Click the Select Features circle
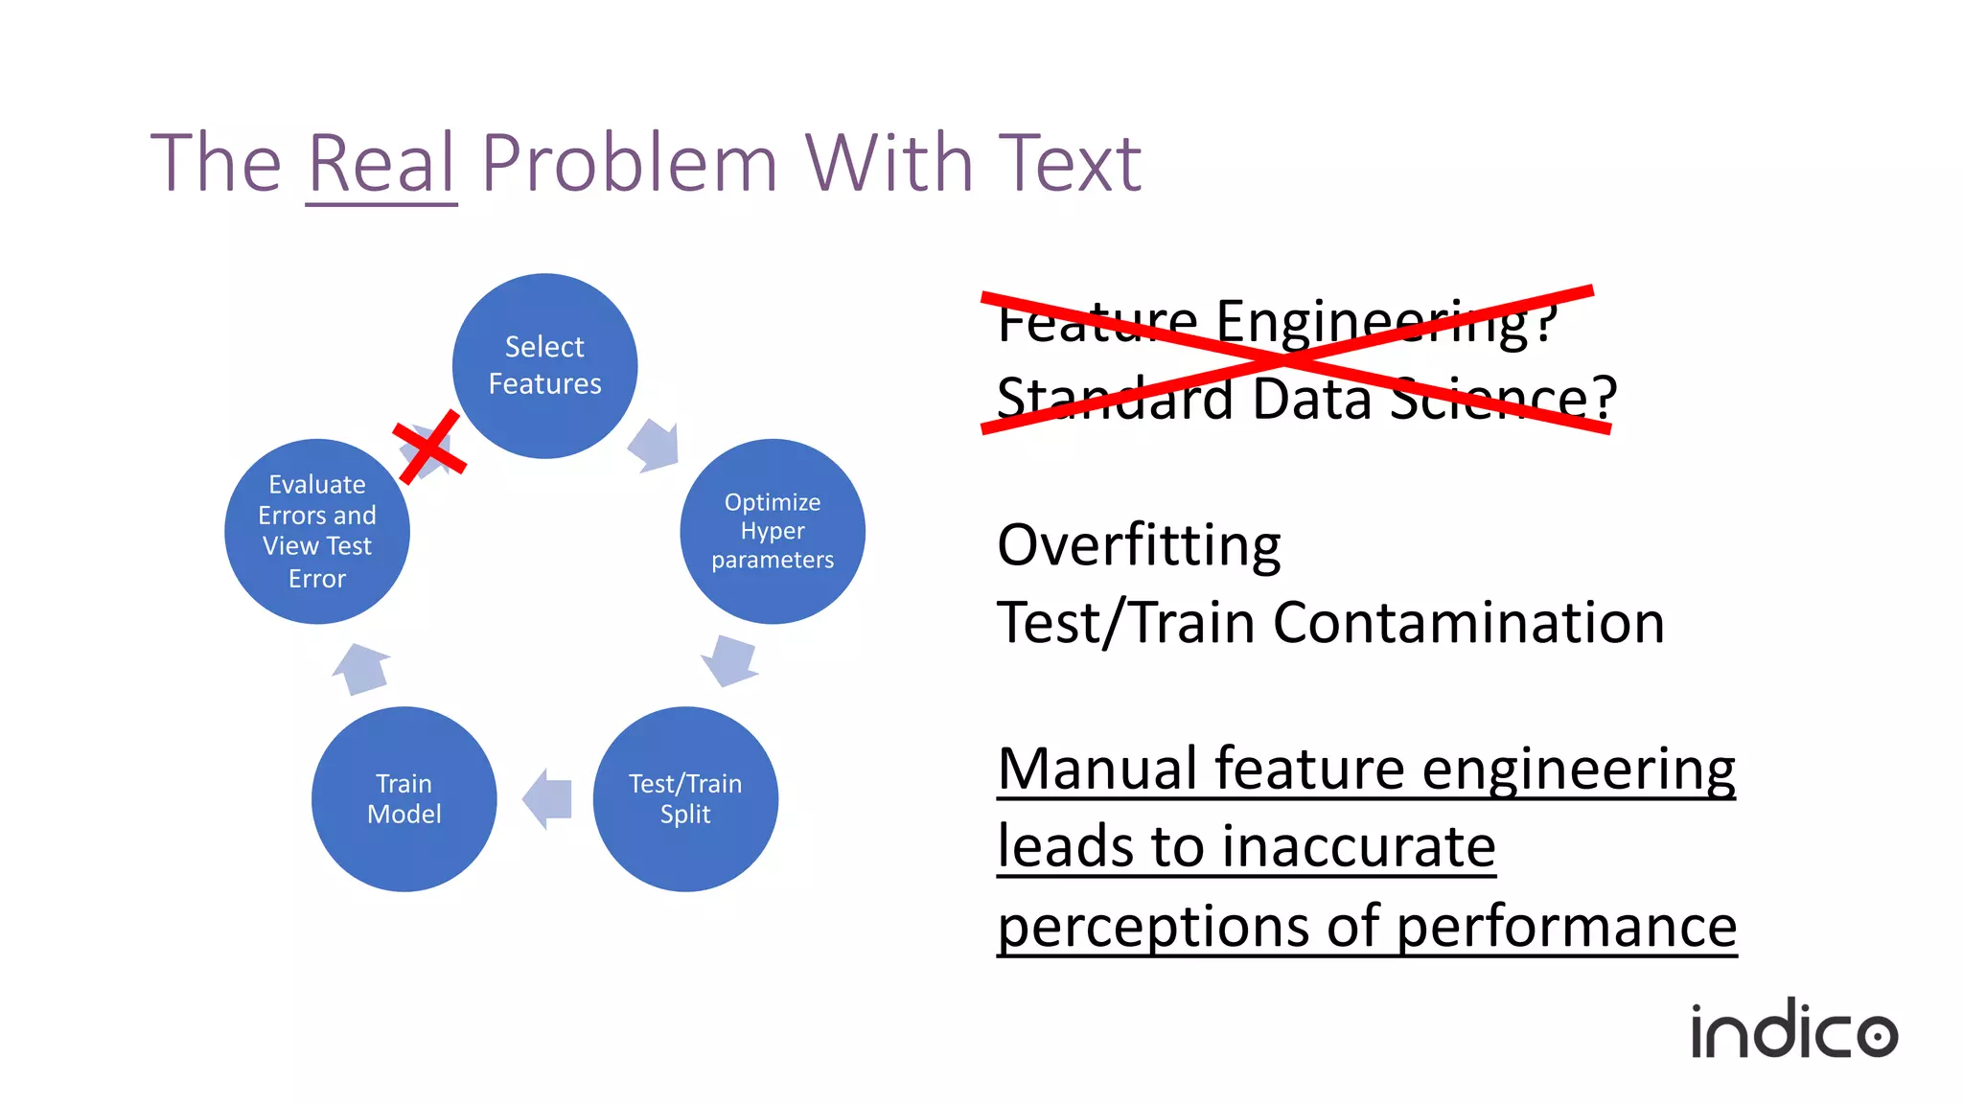[x=544, y=366]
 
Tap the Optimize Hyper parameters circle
[x=773, y=531]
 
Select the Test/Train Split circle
[x=685, y=799]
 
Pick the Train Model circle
[x=404, y=799]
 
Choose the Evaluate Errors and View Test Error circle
[x=317, y=531]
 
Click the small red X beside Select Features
[x=429, y=447]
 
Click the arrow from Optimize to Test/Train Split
[x=731, y=659]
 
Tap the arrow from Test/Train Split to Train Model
[x=548, y=799]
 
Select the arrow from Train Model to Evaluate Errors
[x=362, y=668]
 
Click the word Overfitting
[x=1139, y=545]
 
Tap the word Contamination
[x=1468, y=623]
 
